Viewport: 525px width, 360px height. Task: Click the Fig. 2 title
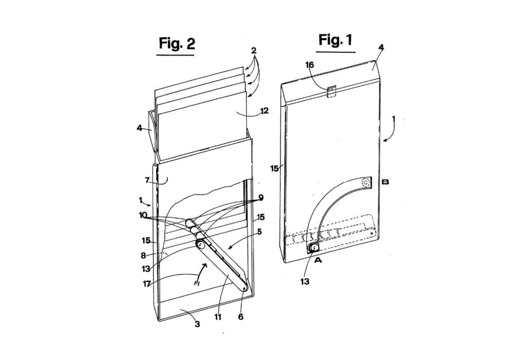pos(177,44)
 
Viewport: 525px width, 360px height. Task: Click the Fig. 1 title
pos(335,40)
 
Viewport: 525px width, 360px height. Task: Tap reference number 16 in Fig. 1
pos(309,65)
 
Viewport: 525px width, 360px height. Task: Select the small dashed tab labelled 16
pos(331,91)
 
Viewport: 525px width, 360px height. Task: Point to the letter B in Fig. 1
pos(385,182)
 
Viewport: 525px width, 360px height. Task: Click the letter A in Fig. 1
pos(318,260)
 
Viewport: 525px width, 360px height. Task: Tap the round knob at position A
pos(314,248)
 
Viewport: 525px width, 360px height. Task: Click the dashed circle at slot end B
pos(366,182)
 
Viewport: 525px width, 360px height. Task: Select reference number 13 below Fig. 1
pos(305,282)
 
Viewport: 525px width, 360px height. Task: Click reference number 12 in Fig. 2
pos(264,110)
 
